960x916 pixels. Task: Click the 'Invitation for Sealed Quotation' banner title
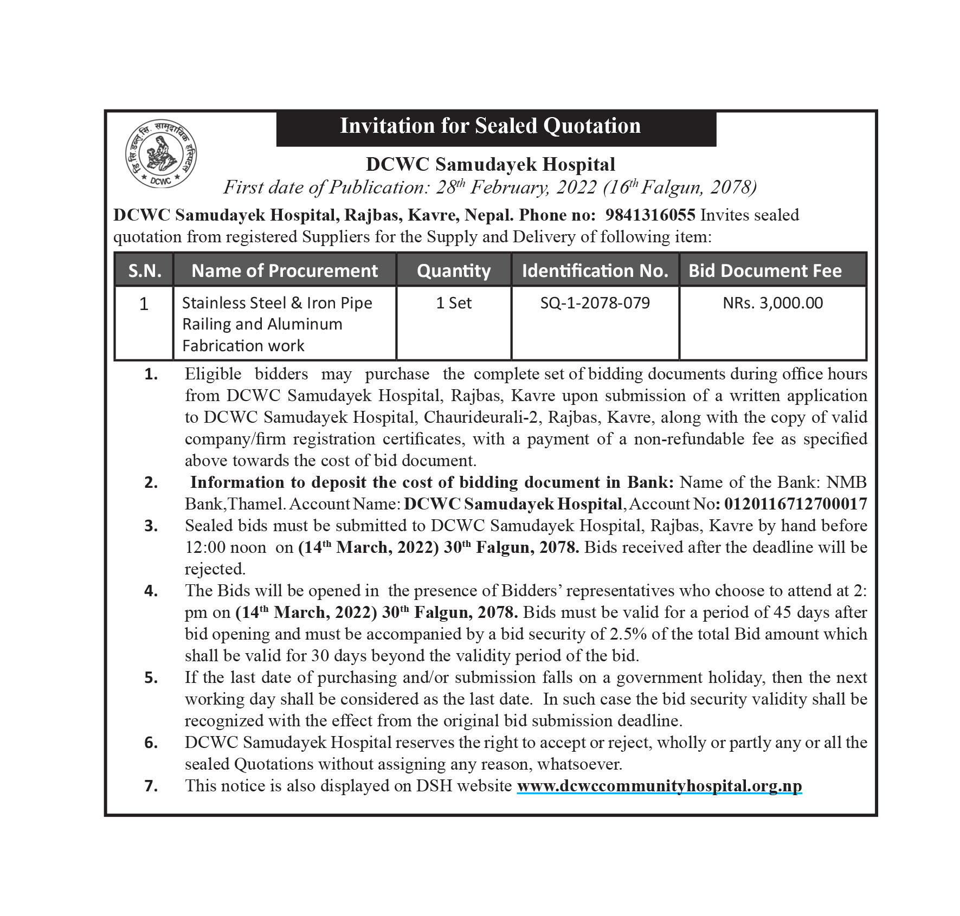click(x=490, y=126)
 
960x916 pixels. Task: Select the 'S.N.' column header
click(x=144, y=270)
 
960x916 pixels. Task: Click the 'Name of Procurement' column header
click(x=285, y=270)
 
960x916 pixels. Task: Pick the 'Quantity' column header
click(x=453, y=270)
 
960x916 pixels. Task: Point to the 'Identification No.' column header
click(x=595, y=270)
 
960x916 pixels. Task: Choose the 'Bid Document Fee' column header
click(x=765, y=270)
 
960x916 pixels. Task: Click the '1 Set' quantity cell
click(x=454, y=303)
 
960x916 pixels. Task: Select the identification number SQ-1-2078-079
click(x=595, y=303)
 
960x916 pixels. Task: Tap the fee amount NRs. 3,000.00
click(x=772, y=303)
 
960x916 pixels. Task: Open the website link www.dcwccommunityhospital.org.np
click(x=659, y=786)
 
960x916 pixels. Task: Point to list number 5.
click(x=151, y=678)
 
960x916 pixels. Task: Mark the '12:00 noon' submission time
click(x=225, y=547)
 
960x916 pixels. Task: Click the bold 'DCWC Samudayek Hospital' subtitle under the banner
click(x=490, y=164)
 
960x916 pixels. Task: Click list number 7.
click(x=151, y=786)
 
